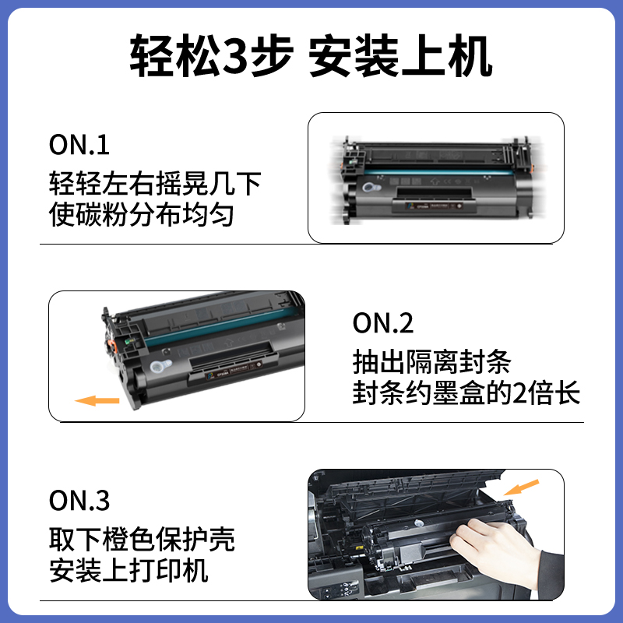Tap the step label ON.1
79,145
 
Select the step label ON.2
382,323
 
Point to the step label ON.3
79,501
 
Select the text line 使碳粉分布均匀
141,214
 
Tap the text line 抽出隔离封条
431,362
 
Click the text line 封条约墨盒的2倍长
466,392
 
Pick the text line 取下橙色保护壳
141,540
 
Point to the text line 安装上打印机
128,570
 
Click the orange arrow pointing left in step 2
97,400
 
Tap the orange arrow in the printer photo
521,487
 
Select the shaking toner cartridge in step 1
436,179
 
